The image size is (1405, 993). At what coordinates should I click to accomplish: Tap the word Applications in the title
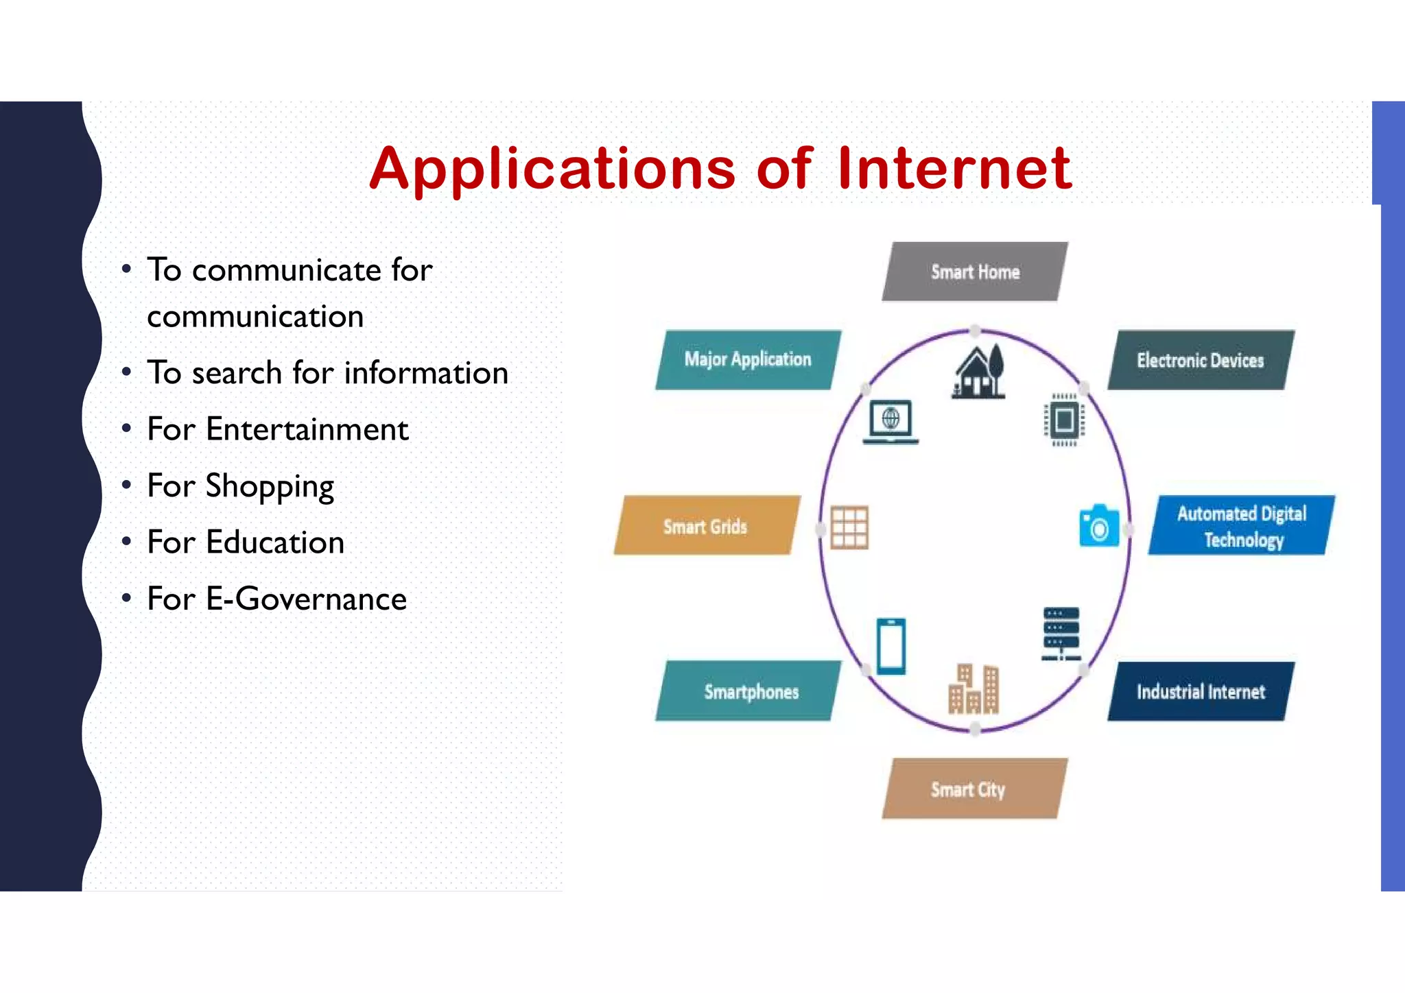point(552,169)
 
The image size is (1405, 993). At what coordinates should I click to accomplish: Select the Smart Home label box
point(975,272)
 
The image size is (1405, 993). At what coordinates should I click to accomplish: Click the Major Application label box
point(748,360)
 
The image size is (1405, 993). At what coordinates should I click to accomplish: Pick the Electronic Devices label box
point(1201,361)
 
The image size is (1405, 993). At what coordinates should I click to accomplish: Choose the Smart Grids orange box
point(706,526)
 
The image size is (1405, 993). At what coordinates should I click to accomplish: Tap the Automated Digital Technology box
point(1242,526)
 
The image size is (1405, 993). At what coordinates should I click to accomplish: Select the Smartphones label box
point(748,691)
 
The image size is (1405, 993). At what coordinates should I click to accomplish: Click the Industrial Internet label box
point(1201,691)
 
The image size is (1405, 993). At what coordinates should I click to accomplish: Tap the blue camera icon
point(1099,526)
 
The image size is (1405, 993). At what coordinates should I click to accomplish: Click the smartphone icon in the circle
point(891,646)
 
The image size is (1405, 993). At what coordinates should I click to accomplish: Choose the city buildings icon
point(973,689)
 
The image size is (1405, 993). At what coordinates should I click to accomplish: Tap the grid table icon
point(849,527)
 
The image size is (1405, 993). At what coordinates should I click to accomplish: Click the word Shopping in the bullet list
point(270,487)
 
